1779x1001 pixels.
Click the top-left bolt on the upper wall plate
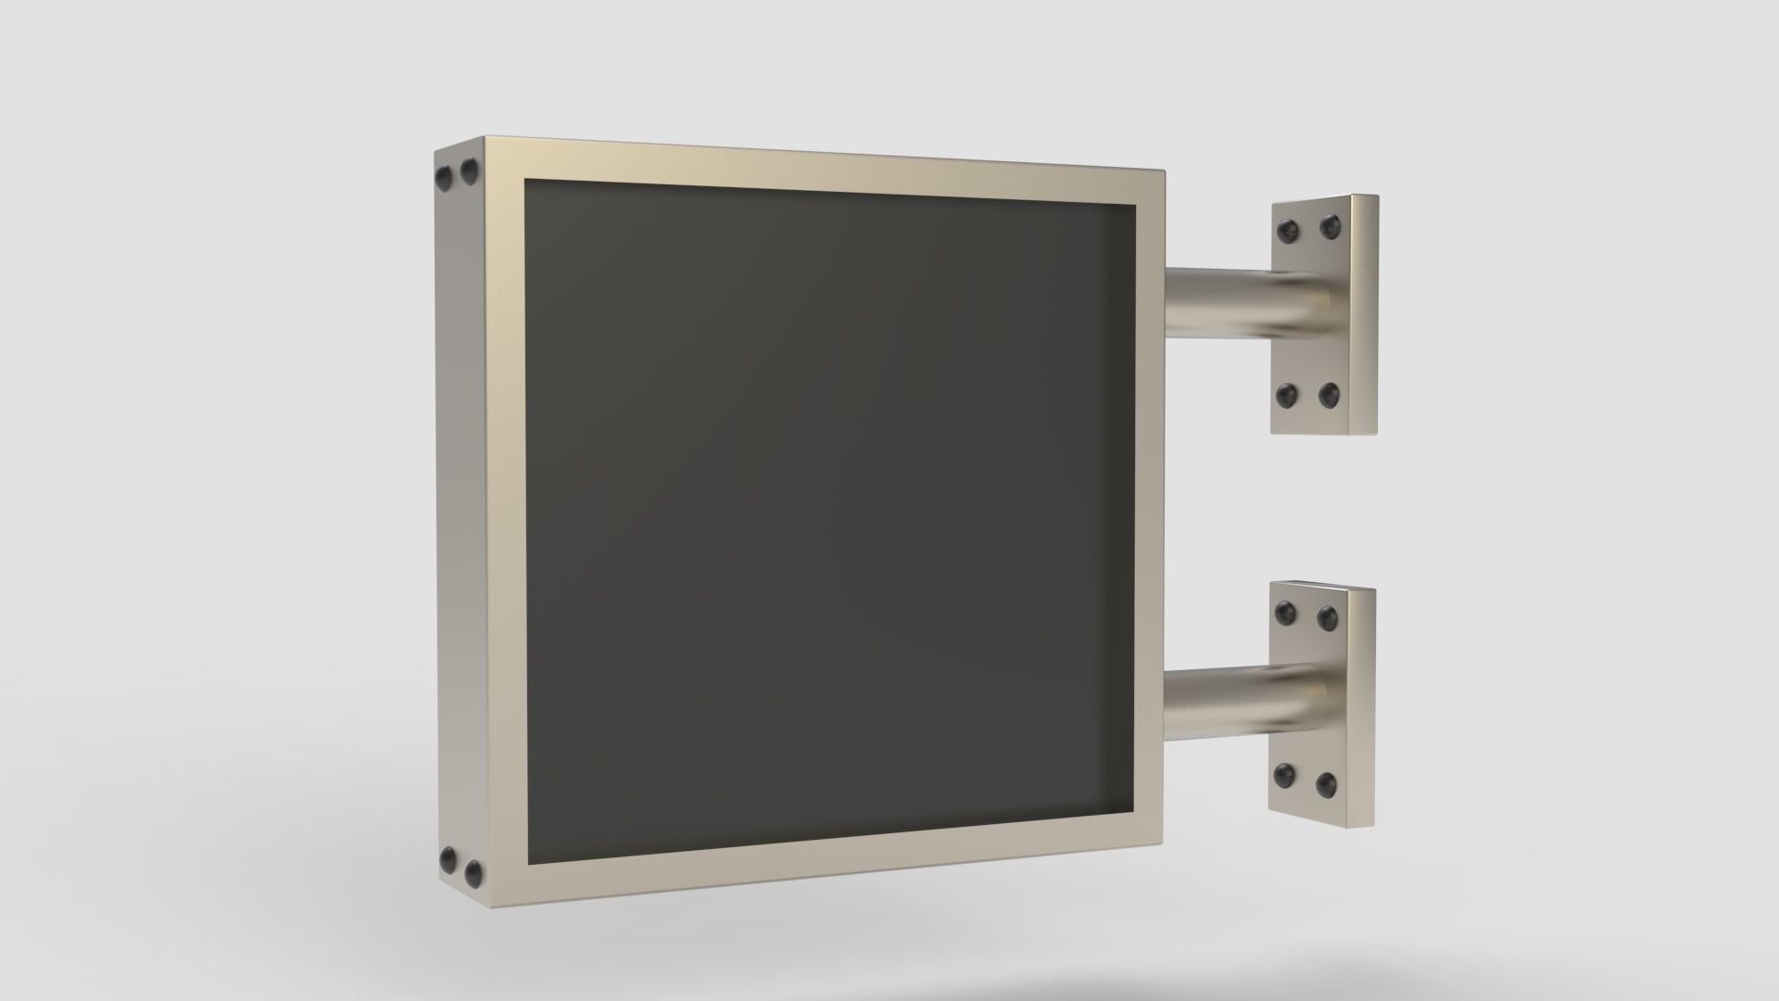point(1287,229)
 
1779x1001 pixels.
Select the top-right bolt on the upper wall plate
point(1331,224)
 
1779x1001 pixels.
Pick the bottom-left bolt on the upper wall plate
point(1285,397)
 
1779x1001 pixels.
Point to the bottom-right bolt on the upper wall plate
point(1328,396)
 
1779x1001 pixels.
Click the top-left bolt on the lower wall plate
point(1285,612)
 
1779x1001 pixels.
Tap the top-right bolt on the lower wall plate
point(1328,616)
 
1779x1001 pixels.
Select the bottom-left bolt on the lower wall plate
point(1284,774)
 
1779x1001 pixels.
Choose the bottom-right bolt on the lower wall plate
point(1326,784)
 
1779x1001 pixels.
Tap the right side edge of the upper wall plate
point(1364,315)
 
